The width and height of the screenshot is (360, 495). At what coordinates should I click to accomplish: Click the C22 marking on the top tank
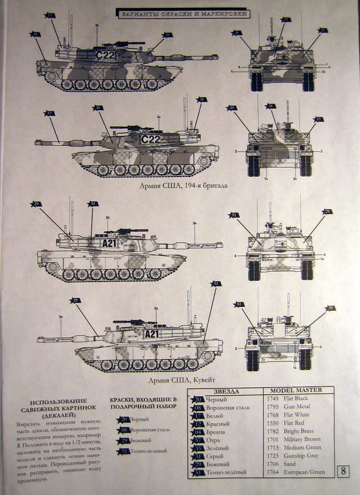pos(105,55)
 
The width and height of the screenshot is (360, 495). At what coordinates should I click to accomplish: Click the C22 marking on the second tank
pos(151,139)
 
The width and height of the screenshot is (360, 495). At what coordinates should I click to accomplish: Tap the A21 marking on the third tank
pos(109,243)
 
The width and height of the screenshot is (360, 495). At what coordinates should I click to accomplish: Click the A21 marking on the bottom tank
pos(152,334)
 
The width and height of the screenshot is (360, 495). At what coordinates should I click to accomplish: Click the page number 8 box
pos(344,471)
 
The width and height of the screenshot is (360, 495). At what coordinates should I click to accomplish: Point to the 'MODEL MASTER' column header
pos(296,390)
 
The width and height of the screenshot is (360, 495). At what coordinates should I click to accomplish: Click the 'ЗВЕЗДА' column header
pos(226,392)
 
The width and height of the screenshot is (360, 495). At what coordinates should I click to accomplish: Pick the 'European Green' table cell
pos(304,472)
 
